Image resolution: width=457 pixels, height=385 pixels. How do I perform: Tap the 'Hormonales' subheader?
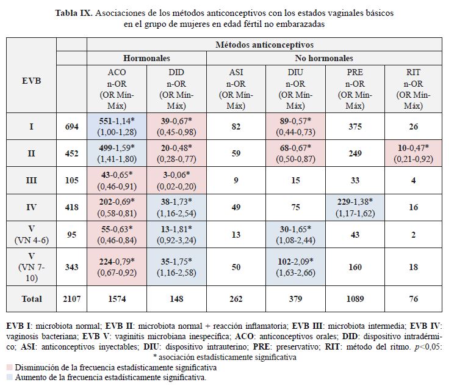tap(146, 59)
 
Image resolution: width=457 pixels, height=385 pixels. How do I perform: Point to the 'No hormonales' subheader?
tap(324, 59)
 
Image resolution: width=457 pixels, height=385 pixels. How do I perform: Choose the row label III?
tap(31, 180)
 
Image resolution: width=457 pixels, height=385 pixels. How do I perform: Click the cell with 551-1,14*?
tap(117, 127)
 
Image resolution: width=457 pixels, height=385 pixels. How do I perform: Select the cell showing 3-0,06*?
tap(176, 180)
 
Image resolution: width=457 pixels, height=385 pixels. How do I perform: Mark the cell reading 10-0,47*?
tap(413, 154)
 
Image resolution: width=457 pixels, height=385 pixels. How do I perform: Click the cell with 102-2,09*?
tap(296, 266)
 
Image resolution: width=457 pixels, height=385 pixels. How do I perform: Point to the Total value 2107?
tap(71, 299)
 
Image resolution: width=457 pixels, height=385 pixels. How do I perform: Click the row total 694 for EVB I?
tap(71, 127)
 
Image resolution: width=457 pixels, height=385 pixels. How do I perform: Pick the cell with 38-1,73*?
tap(176, 207)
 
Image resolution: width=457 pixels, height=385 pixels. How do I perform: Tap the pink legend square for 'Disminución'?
tap(9, 368)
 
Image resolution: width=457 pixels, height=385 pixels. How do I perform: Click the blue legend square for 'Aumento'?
tap(9, 377)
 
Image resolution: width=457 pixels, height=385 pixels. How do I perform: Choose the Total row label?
tap(31, 299)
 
